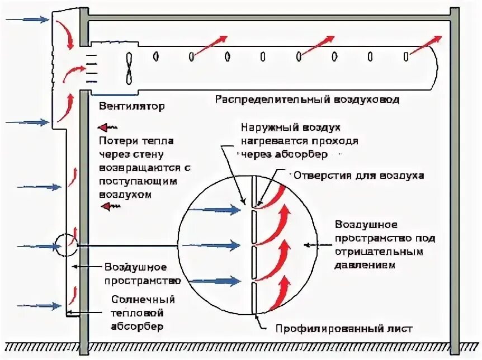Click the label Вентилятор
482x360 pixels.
132,106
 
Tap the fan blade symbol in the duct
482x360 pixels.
130,67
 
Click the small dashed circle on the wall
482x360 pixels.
66,244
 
